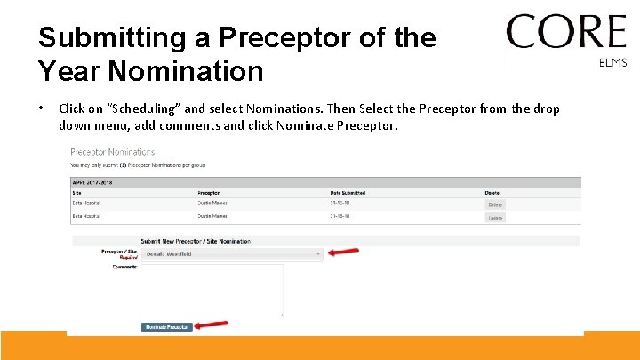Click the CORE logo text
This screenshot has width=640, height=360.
tap(565, 32)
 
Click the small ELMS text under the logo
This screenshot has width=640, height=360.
tap(613, 62)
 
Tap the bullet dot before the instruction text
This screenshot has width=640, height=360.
tap(41, 108)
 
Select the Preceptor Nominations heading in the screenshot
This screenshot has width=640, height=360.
tap(112, 152)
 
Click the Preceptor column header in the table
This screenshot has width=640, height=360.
tap(210, 193)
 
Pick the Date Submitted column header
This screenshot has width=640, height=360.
tap(349, 193)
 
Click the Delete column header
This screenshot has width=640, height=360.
tap(492, 193)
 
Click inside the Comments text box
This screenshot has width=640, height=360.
tap(212, 289)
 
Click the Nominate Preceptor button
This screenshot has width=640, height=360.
tap(166, 327)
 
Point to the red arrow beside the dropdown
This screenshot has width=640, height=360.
tap(343, 252)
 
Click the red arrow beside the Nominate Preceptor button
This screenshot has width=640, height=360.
tap(212, 325)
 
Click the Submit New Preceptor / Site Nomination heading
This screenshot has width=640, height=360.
tap(195, 241)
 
